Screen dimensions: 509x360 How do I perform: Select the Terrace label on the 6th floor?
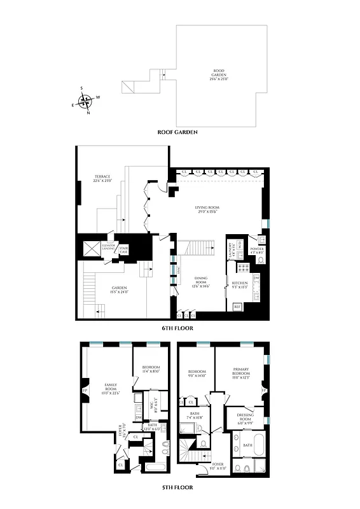(x=102, y=179)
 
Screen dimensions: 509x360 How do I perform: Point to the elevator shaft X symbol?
(x=89, y=251)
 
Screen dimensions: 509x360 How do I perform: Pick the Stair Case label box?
(x=123, y=250)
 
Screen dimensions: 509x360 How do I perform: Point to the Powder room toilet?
(x=260, y=260)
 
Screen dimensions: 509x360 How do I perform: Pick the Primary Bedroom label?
(x=240, y=376)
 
